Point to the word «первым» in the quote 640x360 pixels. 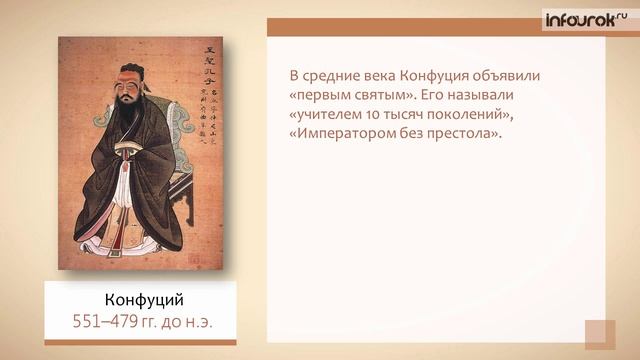pos(326,96)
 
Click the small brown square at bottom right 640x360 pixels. pos(600,334)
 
